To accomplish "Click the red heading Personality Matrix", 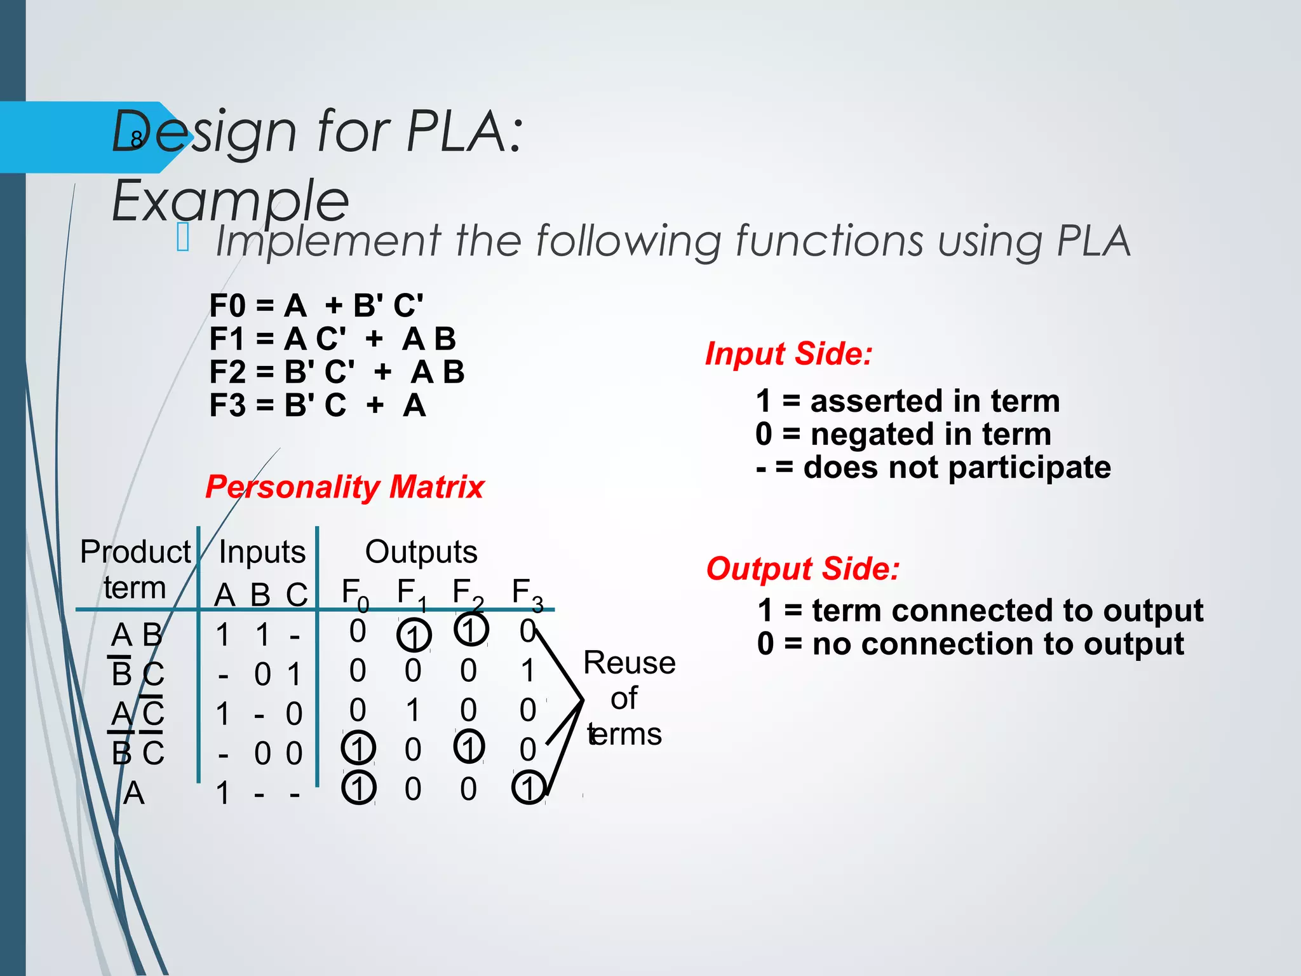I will tap(344, 487).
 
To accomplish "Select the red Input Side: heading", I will tap(789, 353).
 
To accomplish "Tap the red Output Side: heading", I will tap(803, 568).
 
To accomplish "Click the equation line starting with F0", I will tap(316, 306).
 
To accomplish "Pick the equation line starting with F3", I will tap(318, 405).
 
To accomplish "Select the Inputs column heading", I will tap(262, 552).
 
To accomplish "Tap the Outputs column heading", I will tap(421, 552).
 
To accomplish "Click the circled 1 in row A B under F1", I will tap(414, 635).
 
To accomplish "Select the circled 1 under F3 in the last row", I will tap(529, 788).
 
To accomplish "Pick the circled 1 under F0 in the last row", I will tap(359, 788).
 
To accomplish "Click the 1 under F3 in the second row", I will tap(527, 671).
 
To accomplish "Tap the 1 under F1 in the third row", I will tap(413, 710).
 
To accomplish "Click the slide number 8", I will tap(136, 139).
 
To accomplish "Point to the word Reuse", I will tap(629, 663).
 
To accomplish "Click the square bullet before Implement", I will tap(183, 238).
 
